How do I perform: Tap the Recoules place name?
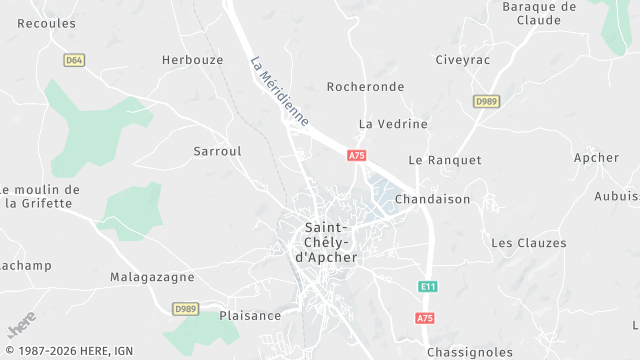46,23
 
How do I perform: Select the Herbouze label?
193,60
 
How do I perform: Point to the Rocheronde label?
366,87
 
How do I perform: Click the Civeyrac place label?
463,60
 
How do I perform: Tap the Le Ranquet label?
445,160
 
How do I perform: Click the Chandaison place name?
432,199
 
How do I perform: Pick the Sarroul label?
217,151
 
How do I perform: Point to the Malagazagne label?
152,277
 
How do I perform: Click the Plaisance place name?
250,316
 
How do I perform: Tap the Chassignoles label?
469,352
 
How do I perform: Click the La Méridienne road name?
279,89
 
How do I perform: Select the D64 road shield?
73,60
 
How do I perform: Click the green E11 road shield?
428,287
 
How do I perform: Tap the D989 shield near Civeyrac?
486,101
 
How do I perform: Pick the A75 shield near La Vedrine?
357,155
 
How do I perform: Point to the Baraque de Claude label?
539,13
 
